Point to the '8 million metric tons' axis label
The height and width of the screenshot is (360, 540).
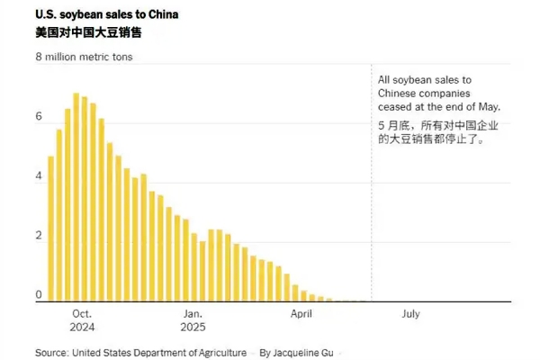pyautogui.click(x=90, y=58)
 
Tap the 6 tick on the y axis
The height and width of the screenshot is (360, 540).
pyautogui.click(x=39, y=117)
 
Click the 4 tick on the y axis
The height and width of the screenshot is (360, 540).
pyautogui.click(x=39, y=176)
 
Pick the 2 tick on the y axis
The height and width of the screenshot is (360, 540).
pyautogui.click(x=39, y=236)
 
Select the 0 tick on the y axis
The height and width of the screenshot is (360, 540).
pyautogui.click(x=39, y=295)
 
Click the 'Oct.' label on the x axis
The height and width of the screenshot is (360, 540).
pyautogui.click(x=82, y=314)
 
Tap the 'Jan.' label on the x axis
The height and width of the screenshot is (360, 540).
pyautogui.click(x=193, y=314)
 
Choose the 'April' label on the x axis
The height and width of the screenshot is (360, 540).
pyautogui.click(x=301, y=314)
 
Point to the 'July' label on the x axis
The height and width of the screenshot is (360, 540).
pyautogui.click(x=409, y=314)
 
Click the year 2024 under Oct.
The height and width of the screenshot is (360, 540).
pyautogui.click(x=82, y=328)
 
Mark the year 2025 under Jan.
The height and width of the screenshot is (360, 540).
pyautogui.click(x=193, y=328)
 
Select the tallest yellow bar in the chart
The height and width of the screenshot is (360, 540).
pyautogui.click(x=76, y=198)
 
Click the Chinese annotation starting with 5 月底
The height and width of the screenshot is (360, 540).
pyautogui.click(x=438, y=132)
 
